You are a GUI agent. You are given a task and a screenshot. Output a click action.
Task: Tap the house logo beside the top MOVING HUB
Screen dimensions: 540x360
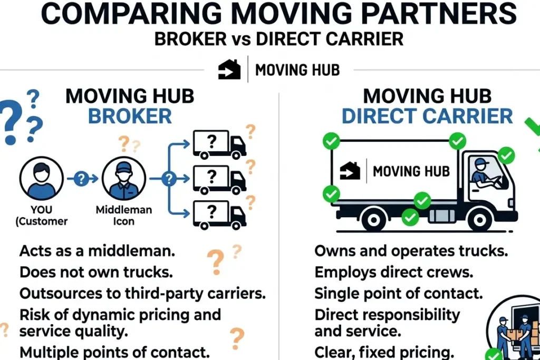click(229, 70)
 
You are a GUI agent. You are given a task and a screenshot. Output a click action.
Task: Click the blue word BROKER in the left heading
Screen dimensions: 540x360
click(130, 116)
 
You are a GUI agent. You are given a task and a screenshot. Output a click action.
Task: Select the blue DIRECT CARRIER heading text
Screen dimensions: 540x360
click(427, 116)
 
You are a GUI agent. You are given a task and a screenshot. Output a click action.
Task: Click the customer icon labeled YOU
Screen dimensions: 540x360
click(41, 178)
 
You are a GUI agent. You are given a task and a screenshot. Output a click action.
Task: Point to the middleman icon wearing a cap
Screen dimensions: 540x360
click(124, 178)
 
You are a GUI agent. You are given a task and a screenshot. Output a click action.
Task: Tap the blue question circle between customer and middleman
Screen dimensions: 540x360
click(81, 179)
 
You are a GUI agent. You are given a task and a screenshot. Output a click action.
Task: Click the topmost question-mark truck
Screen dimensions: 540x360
click(219, 144)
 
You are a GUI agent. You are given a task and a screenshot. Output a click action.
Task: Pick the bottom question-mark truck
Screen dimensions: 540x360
click(219, 215)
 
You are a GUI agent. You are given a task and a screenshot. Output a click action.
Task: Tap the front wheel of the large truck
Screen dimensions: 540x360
click(480, 219)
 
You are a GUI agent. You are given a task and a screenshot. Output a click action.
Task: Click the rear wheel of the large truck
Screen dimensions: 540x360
click(374, 219)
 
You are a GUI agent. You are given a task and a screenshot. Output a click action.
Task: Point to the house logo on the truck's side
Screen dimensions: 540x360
click(350, 171)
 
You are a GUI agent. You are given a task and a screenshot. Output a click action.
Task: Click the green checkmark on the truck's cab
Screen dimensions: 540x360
click(506, 155)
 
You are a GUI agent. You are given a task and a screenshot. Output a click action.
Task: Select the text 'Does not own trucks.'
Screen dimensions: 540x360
click(96, 272)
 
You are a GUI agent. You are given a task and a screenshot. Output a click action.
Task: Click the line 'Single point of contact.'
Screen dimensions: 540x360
click(399, 294)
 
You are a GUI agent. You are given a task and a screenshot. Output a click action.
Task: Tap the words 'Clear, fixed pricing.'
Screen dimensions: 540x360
click(384, 352)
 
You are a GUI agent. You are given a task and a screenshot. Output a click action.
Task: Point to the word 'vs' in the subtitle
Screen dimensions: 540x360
click(241, 40)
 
